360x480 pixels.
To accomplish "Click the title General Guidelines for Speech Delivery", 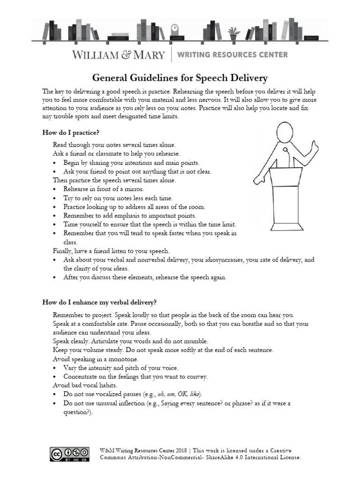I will [x=180, y=77].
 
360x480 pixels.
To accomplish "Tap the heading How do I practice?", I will [x=70, y=133].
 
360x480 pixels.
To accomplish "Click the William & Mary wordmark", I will [x=119, y=55].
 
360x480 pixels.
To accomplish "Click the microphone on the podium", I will [x=285, y=151].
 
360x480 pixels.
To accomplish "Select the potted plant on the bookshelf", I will [x=233, y=32].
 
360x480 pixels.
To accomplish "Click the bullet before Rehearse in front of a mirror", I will [x=56, y=189].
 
